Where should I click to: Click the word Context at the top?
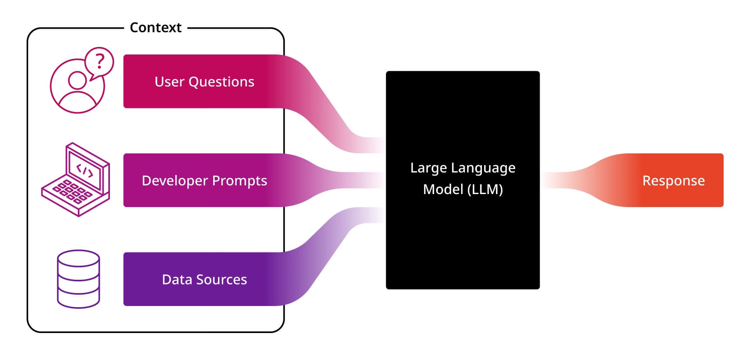pos(156,27)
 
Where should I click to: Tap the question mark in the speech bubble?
pos(100,61)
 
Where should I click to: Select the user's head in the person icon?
pos(77,80)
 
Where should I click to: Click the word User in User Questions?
pos(169,82)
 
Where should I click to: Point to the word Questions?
pos(221,82)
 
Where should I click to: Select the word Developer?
pos(175,181)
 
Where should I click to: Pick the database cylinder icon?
pos(79,279)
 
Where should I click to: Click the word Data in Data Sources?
pos(177,280)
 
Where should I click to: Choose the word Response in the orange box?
pos(674,181)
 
